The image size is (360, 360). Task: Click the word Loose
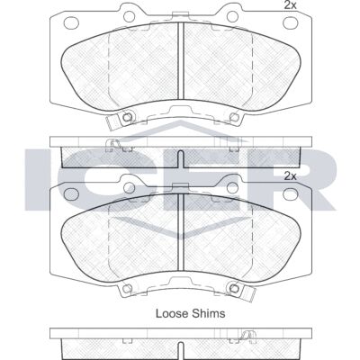[x=170, y=313]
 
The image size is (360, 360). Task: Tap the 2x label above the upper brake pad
[x=290, y=5]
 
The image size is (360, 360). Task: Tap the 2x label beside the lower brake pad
[x=290, y=176]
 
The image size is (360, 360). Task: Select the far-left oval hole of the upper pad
[x=71, y=22]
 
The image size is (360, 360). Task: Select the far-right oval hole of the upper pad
[x=291, y=22]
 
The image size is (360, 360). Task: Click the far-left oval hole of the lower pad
[x=71, y=194]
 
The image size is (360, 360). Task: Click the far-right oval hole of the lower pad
[x=291, y=194]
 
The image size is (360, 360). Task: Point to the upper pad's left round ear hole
[x=130, y=16]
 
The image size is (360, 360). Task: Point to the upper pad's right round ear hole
[x=232, y=16]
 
